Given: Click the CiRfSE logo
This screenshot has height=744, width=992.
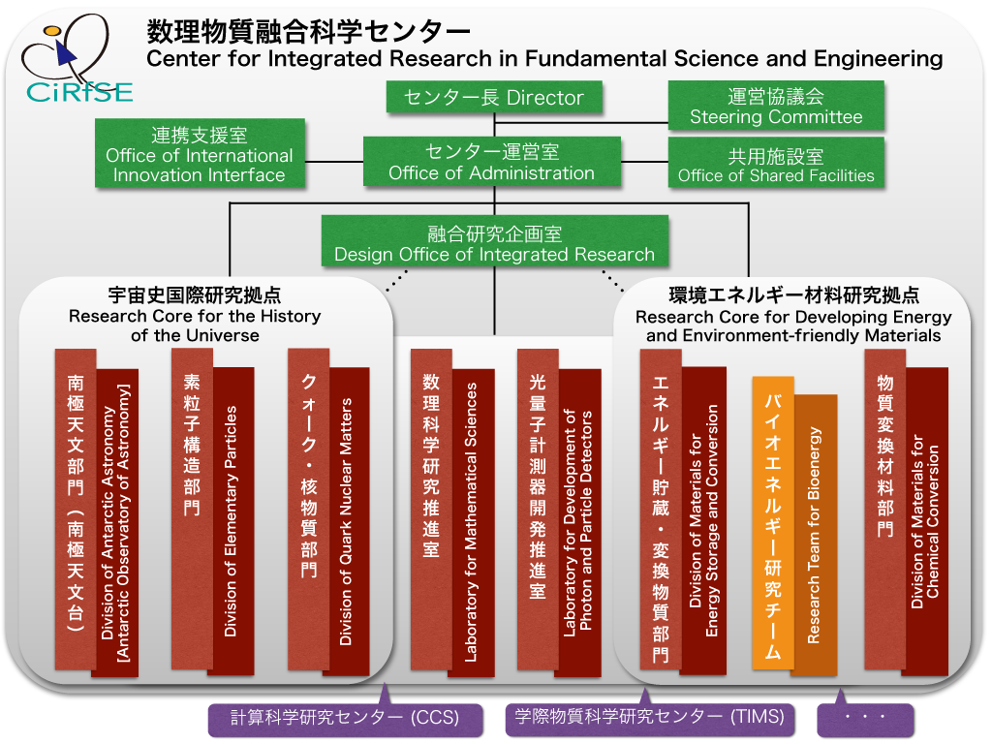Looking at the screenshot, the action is click(77, 59).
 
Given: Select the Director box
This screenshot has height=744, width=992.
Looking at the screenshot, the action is click(494, 98).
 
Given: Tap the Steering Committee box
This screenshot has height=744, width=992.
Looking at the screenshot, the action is click(776, 106).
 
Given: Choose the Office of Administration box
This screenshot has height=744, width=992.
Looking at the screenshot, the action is click(491, 162).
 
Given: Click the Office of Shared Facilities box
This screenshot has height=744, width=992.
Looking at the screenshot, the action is click(776, 164).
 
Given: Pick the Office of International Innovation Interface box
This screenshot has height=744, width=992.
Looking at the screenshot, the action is click(200, 154).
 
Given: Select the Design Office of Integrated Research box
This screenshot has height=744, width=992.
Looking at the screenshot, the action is click(495, 242).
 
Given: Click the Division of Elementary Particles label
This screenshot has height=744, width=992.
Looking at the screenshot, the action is click(231, 520).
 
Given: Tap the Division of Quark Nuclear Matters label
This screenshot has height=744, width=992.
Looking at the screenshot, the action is click(346, 521).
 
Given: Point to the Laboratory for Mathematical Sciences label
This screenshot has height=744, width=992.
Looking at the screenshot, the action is click(471, 522).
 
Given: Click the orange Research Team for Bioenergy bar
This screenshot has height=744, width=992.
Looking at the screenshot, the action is click(815, 535).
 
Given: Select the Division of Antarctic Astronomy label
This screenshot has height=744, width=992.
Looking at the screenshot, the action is click(115, 522).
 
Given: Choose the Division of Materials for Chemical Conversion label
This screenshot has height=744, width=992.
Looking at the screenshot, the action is click(925, 521).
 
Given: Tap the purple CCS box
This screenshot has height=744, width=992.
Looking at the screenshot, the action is click(346, 718).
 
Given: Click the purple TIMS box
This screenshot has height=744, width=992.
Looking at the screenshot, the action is click(650, 718).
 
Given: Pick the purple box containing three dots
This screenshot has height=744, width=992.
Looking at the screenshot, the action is click(865, 718).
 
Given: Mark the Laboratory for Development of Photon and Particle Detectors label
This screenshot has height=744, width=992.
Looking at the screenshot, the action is click(577, 522).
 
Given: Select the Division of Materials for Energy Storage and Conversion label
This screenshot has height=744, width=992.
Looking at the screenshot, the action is click(703, 520).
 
